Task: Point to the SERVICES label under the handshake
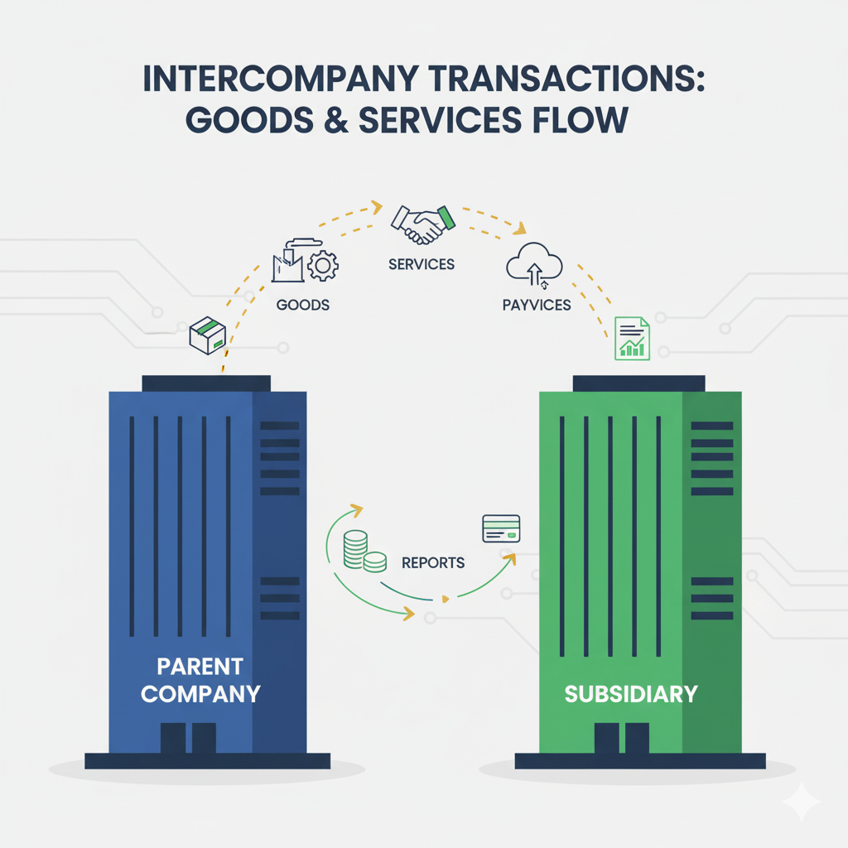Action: click(421, 264)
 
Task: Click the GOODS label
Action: click(303, 305)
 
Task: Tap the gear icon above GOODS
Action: click(322, 265)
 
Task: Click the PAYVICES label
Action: click(537, 305)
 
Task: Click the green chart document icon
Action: click(633, 338)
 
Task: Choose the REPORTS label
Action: click(433, 563)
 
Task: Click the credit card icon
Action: click(500, 528)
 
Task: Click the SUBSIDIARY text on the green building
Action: click(631, 693)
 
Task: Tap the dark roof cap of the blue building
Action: click(207, 383)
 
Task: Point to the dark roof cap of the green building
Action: click(638, 383)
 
